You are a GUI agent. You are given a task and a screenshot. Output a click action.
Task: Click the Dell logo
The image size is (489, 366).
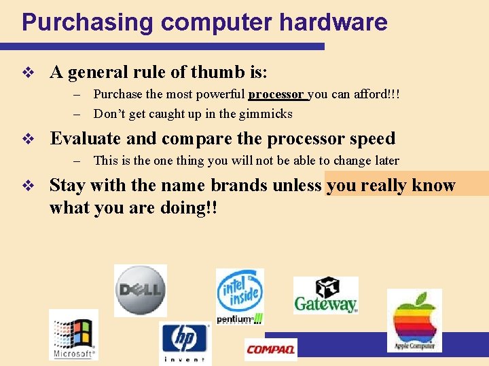coord(140,290)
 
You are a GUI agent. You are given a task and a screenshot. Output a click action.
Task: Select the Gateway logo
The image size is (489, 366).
coord(325,296)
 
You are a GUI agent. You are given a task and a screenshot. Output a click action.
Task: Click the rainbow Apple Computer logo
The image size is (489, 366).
coord(414,320)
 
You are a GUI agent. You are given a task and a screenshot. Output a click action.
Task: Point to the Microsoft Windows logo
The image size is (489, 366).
coord(73,335)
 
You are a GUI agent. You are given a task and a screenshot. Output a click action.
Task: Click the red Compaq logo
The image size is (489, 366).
coord(270,349)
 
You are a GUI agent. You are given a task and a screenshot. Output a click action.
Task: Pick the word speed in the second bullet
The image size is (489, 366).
coord(372,139)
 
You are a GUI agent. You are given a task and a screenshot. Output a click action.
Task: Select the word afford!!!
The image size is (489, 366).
coord(376,94)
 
